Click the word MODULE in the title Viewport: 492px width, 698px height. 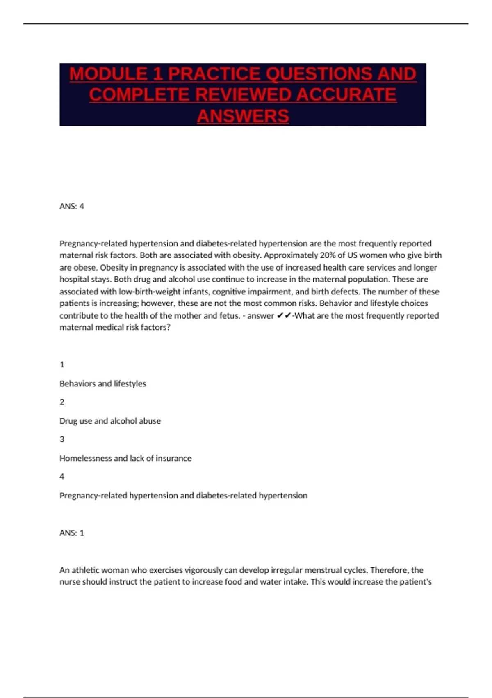point(108,74)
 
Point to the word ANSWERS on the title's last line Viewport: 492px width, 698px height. point(243,116)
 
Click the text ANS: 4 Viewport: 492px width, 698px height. point(72,206)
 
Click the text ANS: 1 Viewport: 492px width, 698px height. point(72,533)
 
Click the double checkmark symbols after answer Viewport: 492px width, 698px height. point(284,315)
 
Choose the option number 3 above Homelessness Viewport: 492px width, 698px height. point(62,439)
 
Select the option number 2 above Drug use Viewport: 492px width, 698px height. point(62,402)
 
